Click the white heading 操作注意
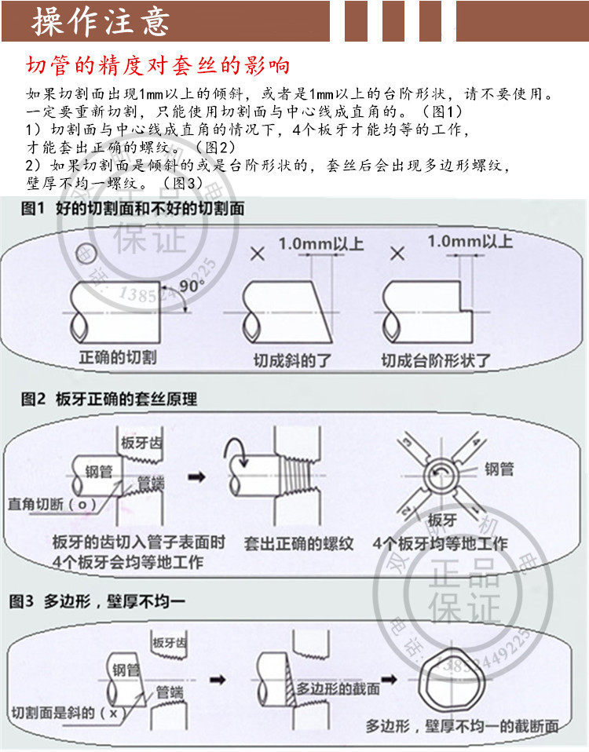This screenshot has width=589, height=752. coord(101,21)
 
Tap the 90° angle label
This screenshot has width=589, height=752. coord(191,287)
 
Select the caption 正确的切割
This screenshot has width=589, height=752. coord(118,357)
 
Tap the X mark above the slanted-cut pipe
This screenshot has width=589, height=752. coord(256,254)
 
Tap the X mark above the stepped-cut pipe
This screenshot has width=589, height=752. coord(397,254)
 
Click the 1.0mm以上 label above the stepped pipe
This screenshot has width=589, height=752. coord(470,240)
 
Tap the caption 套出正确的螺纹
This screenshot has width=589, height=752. coord(298,542)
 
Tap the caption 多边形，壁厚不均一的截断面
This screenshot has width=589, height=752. coord(462,726)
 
